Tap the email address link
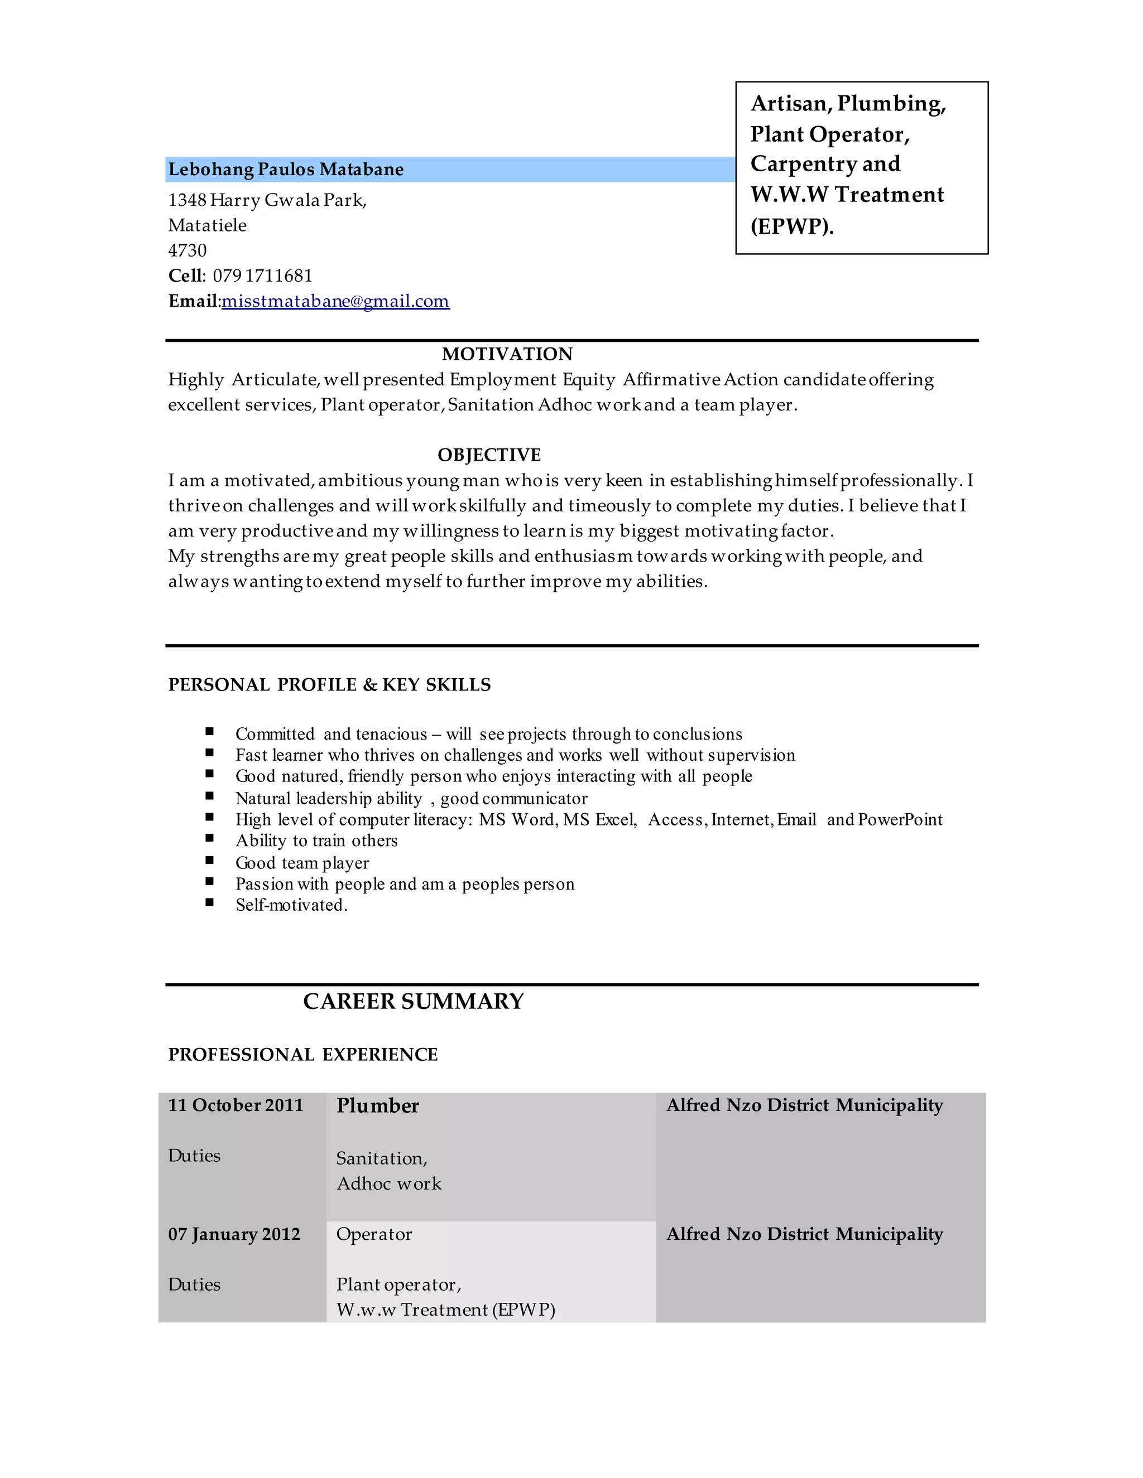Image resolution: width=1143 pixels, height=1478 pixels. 335,301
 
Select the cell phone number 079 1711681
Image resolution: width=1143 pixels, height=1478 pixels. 263,276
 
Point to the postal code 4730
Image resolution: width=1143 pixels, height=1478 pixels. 187,250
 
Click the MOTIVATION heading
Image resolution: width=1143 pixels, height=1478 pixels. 507,354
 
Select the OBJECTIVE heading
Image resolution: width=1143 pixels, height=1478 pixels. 489,455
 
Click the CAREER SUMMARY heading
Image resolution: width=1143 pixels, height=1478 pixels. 413,1001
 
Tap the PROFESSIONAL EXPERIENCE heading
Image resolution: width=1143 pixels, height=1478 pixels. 302,1054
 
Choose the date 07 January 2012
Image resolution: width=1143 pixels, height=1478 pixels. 234,1234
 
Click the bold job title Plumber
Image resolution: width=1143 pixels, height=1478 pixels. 378,1106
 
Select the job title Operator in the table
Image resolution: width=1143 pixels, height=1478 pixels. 374,1234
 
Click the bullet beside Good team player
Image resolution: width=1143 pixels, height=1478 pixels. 210,860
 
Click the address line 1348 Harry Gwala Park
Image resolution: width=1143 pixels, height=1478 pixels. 267,200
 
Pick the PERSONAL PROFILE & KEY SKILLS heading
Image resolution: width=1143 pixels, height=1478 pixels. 329,685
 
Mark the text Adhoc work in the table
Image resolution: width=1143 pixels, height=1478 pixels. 388,1183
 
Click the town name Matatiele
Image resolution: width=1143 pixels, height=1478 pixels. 207,225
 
